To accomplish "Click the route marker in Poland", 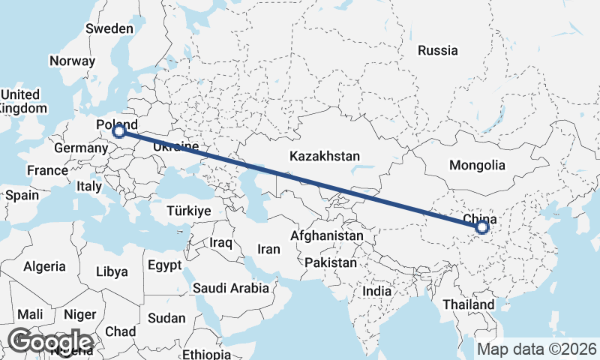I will pyautogui.click(x=118, y=132).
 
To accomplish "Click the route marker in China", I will pyautogui.click(x=482, y=226).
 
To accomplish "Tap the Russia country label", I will pyautogui.click(x=438, y=51).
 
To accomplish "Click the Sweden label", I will pyautogui.click(x=109, y=28).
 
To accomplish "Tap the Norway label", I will pyautogui.click(x=72, y=61).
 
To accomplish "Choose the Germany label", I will pyautogui.click(x=81, y=148).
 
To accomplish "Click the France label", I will pyautogui.click(x=47, y=170).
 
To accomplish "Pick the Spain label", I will pyautogui.click(x=22, y=195).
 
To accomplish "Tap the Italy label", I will pyautogui.click(x=90, y=186).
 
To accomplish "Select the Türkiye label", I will pyautogui.click(x=189, y=211).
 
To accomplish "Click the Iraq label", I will pyautogui.click(x=223, y=243).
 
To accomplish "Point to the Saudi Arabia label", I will pyautogui.click(x=230, y=288).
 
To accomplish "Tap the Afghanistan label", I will pyautogui.click(x=326, y=235).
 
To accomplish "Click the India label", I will pyautogui.click(x=376, y=291).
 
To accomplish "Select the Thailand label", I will pyautogui.click(x=469, y=304).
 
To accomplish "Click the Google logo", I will pyautogui.click(x=50, y=342).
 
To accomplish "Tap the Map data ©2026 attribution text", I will pyautogui.click(x=537, y=349).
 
